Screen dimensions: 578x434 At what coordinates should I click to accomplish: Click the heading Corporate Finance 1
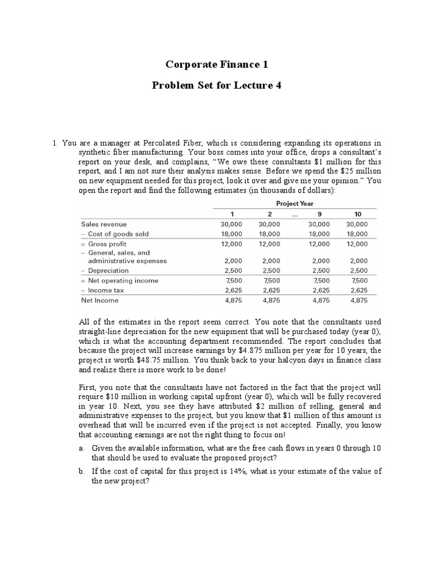pyautogui.click(x=216, y=65)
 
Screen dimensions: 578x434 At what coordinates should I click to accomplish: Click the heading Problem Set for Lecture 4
pyautogui.click(x=216, y=86)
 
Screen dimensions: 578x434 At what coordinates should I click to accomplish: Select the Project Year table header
pyautogui.click(x=294, y=204)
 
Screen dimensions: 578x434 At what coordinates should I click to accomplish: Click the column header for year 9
pyautogui.click(x=319, y=214)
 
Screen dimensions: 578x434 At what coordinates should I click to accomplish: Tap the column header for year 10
pyautogui.click(x=358, y=214)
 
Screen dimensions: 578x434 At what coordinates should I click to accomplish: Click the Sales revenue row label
pyautogui.click(x=104, y=224)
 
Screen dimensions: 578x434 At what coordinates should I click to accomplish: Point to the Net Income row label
pyautogui.click(x=100, y=300)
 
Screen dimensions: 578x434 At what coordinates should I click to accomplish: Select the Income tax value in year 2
pyautogui.click(x=269, y=291)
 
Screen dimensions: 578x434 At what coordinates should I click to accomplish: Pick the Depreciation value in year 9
pyautogui.click(x=320, y=271)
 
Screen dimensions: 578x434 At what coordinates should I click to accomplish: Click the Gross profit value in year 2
pyautogui.click(x=269, y=244)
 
